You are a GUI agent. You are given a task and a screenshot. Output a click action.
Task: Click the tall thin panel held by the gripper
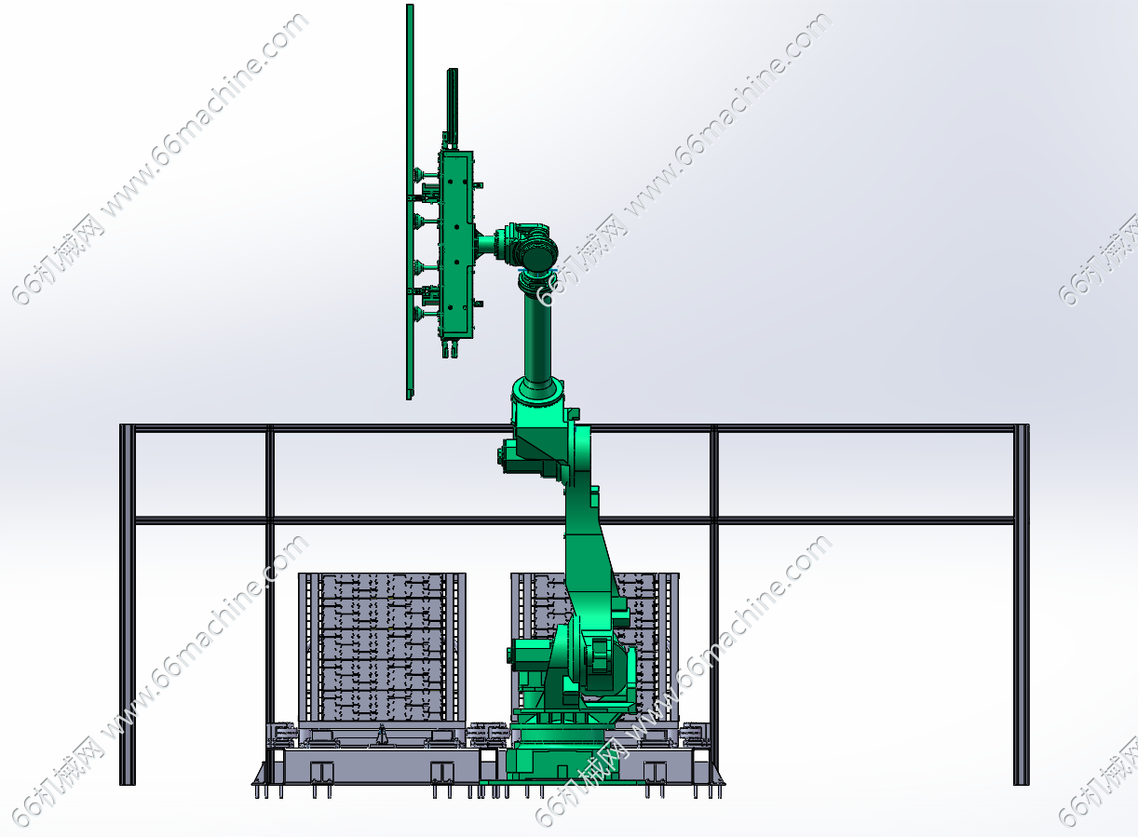tap(410, 202)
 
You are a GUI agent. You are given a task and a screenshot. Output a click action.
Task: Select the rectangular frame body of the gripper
tap(456, 245)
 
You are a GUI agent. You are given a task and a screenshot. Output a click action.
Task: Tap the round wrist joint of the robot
tap(539, 254)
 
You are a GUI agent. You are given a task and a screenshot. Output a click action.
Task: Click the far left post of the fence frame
tap(127, 604)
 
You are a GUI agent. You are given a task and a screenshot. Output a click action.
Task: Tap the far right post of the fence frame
tap(1022, 604)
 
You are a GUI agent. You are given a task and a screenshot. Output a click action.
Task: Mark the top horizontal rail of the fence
tap(574, 428)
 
